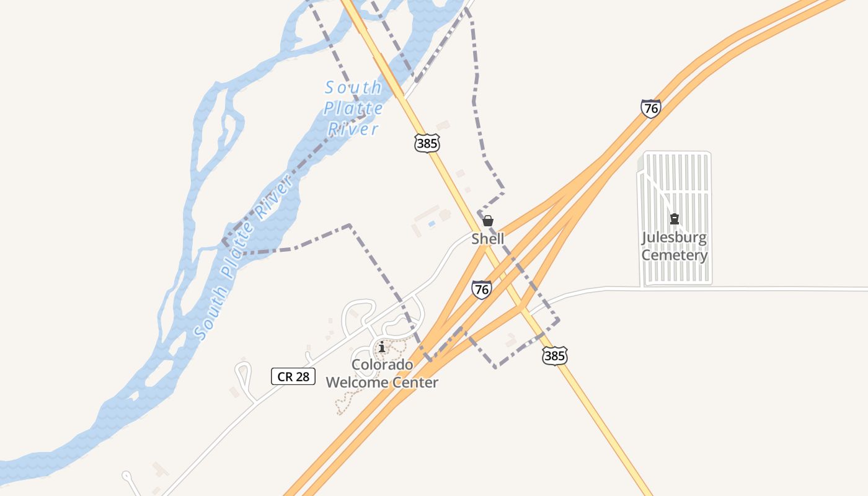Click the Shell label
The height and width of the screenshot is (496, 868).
(x=487, y=239)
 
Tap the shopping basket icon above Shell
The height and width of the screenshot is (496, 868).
(x=488, y=221)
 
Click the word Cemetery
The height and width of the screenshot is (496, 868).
(x=674, y=255)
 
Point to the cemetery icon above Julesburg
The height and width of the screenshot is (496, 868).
(x=674, y=219)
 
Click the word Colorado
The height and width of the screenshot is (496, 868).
(x=382, y=365)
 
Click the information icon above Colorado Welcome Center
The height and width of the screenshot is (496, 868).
(x=382, y=348)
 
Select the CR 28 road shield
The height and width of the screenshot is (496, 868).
(x=293, y=376)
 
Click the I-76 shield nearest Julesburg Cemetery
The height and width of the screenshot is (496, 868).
(x=650, y=108)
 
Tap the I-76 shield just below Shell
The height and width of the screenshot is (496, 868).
(x=481, y=290)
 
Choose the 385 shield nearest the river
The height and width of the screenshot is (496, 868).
(x=427, y=143)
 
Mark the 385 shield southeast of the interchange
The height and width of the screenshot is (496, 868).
(x=554, y=355)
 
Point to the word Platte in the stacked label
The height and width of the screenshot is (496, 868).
(x=353, y=108)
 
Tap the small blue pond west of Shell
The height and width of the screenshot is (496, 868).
(x=432, y=223)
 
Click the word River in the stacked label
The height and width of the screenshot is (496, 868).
(x=353, y=129)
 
